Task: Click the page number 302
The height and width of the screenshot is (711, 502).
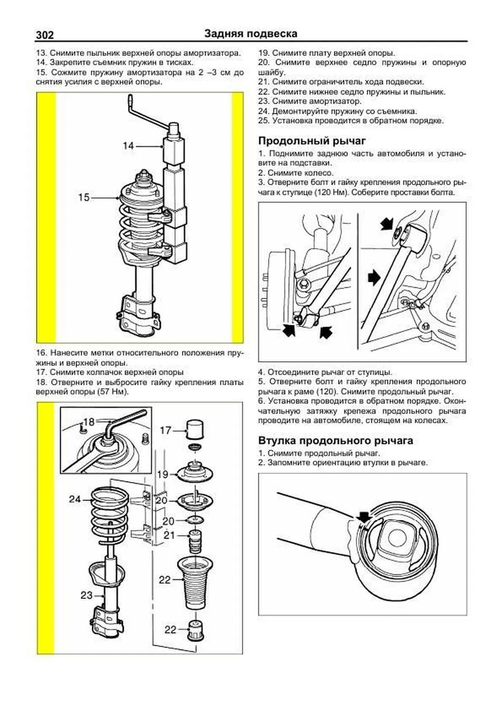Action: (x=45, y=35)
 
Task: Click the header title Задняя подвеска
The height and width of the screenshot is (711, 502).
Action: (x=251, y=33)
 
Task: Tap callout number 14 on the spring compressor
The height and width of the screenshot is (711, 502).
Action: (x=128, y=146)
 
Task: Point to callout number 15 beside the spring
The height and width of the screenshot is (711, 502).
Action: (x=84, y=197)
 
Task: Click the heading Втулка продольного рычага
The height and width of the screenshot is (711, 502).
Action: (x=335, y=441)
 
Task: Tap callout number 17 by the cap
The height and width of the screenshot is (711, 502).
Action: (x=166, y=430)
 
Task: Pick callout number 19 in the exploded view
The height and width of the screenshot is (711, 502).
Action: (x=162, y=474)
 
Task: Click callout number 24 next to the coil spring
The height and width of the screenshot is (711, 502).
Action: (x=75, y=499)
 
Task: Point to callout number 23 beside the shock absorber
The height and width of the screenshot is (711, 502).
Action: (x=86, y=595)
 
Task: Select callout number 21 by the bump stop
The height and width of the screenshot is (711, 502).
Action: (x=169, y=535)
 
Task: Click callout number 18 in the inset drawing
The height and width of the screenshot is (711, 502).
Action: (x=89, y=422)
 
